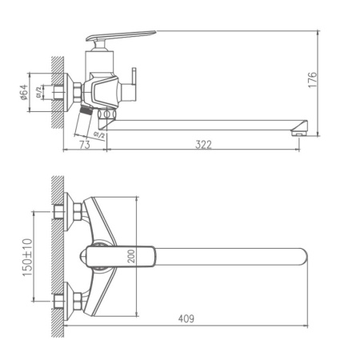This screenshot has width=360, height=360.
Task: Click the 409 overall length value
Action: (x=185, y=318)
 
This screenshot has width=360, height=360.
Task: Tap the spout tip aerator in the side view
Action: (x=298, y=130)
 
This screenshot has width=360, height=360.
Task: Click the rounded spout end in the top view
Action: (x=300, y=256)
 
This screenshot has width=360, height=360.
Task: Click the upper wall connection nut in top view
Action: (x=75, y=211)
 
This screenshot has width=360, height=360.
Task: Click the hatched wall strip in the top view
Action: (x=54, y=256)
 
